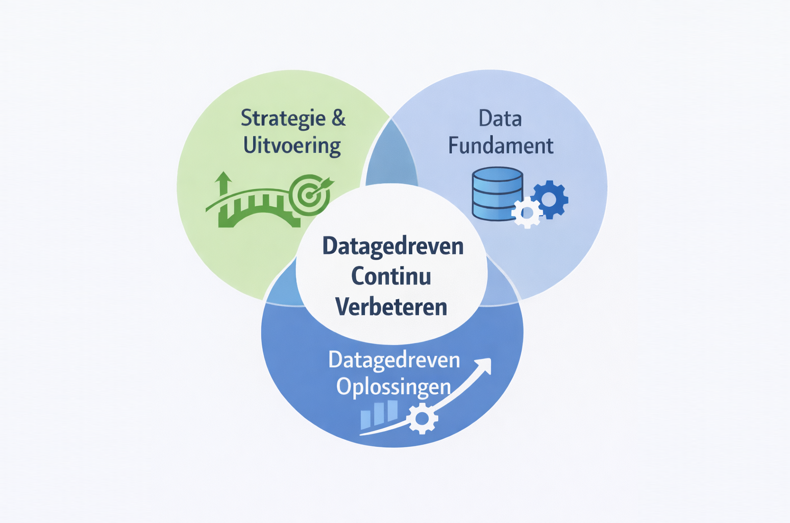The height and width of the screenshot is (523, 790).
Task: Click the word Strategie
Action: [x=283, y=119]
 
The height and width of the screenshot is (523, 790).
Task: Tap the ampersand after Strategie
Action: [x=338, y=118]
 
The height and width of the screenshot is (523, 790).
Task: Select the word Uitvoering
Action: [x=292, y=146]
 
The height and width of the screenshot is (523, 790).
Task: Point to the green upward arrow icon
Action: [x=223, y=183]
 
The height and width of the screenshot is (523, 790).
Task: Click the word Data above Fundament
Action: [x=500, y=118]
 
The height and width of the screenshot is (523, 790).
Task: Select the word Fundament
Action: [x=501, y=146]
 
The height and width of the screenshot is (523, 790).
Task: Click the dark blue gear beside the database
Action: [x=550, y=199]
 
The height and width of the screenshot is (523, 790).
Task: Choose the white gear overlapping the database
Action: [x=527, y=212]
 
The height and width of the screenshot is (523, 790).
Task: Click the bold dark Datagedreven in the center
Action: [x=393, y=246]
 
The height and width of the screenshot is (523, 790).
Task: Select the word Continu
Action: [x=391, y=276]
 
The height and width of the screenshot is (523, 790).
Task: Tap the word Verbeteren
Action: [x=391, y=307]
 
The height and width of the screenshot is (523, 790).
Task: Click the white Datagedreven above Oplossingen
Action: [x=394, y=360]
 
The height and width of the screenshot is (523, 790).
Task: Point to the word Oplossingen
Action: [x=393, y=387]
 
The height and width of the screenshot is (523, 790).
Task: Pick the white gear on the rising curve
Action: [x=422, y=418]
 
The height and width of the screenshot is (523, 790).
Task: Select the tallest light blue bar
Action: [x=392, y=410]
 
